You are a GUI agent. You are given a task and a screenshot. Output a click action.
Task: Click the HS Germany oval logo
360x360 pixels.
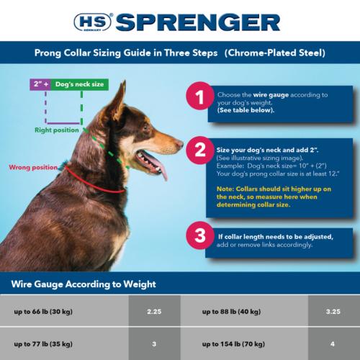(x=95, y=22)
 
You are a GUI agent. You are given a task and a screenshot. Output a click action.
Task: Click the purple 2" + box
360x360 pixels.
(x=40, y=84)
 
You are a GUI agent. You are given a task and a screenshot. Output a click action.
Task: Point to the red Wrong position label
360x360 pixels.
(x=32, y=167)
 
